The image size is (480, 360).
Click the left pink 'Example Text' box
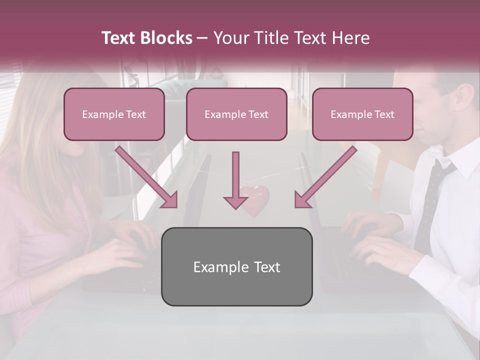[114, 114]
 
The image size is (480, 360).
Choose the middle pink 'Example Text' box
[236, 114]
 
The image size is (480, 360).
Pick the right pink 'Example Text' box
[362, 114]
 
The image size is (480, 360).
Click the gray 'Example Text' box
[236, 266]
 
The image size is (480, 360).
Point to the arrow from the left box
[147, 177]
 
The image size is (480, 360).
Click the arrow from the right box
[325, 177]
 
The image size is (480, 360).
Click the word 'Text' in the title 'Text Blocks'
[119, 38]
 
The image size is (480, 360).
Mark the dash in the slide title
[202, 38]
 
